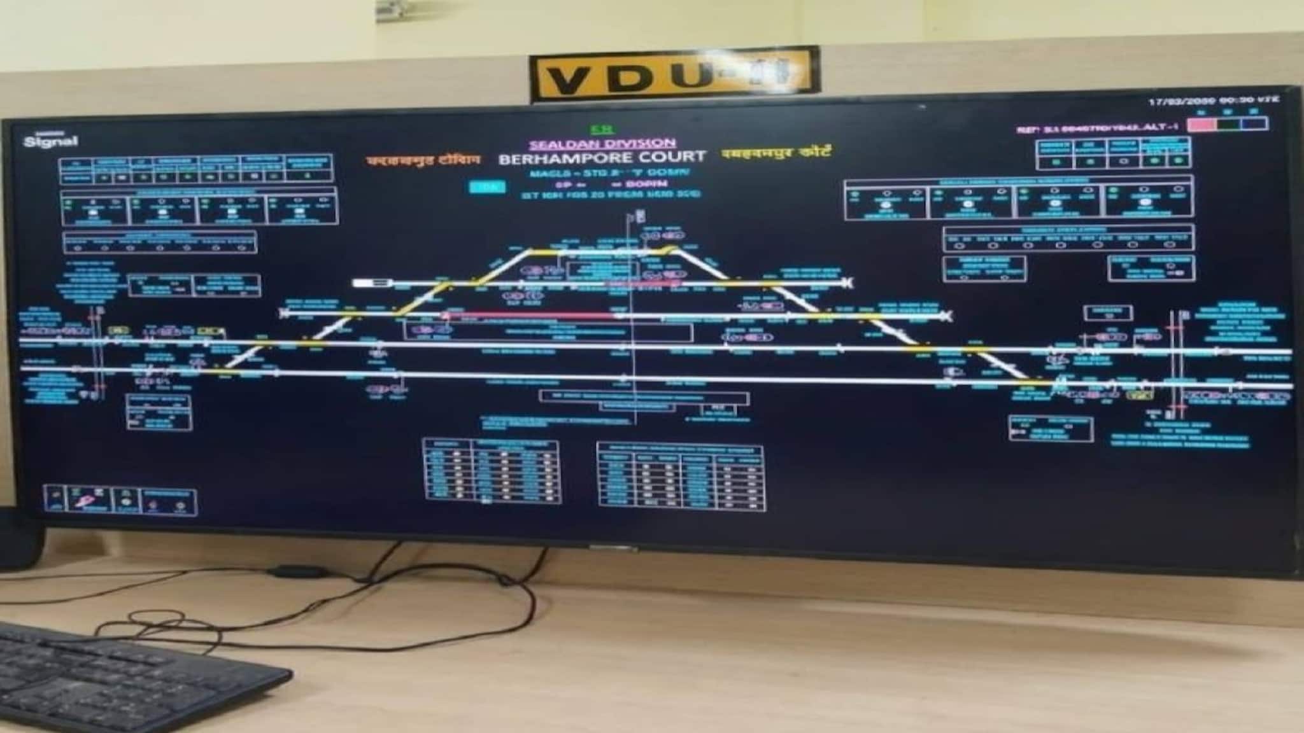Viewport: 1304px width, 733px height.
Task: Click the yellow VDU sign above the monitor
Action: (674, 75)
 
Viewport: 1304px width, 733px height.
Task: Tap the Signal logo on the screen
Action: (50, 141)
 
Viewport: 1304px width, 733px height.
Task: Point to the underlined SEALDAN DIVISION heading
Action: (602, 144)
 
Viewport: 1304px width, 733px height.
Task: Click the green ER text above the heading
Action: (599, 130)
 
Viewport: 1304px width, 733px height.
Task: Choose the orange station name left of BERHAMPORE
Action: (423, 160)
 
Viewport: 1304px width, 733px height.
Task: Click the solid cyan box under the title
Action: (487, 186)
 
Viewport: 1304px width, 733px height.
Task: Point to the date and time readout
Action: (1213, 101)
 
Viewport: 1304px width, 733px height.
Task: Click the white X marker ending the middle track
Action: (948, 316)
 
